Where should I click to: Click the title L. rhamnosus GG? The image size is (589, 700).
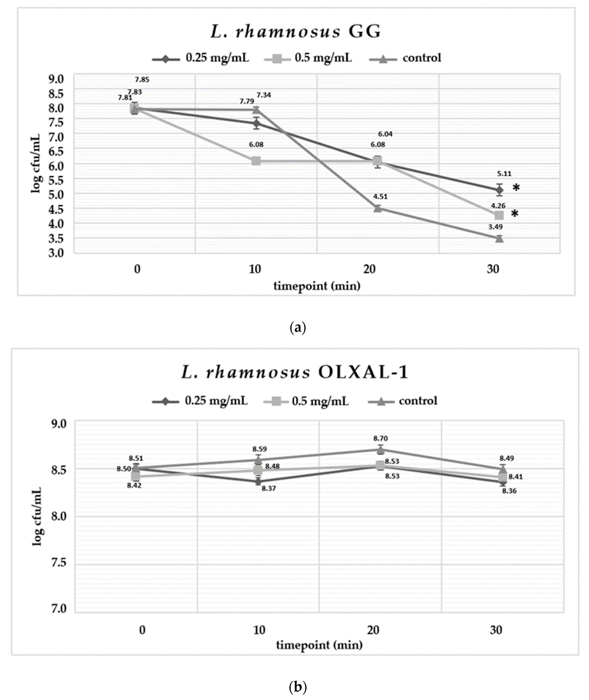pos(296,32)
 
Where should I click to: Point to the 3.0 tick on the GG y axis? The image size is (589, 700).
pos(56,253)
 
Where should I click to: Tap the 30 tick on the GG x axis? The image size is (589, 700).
pos(493,269)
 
